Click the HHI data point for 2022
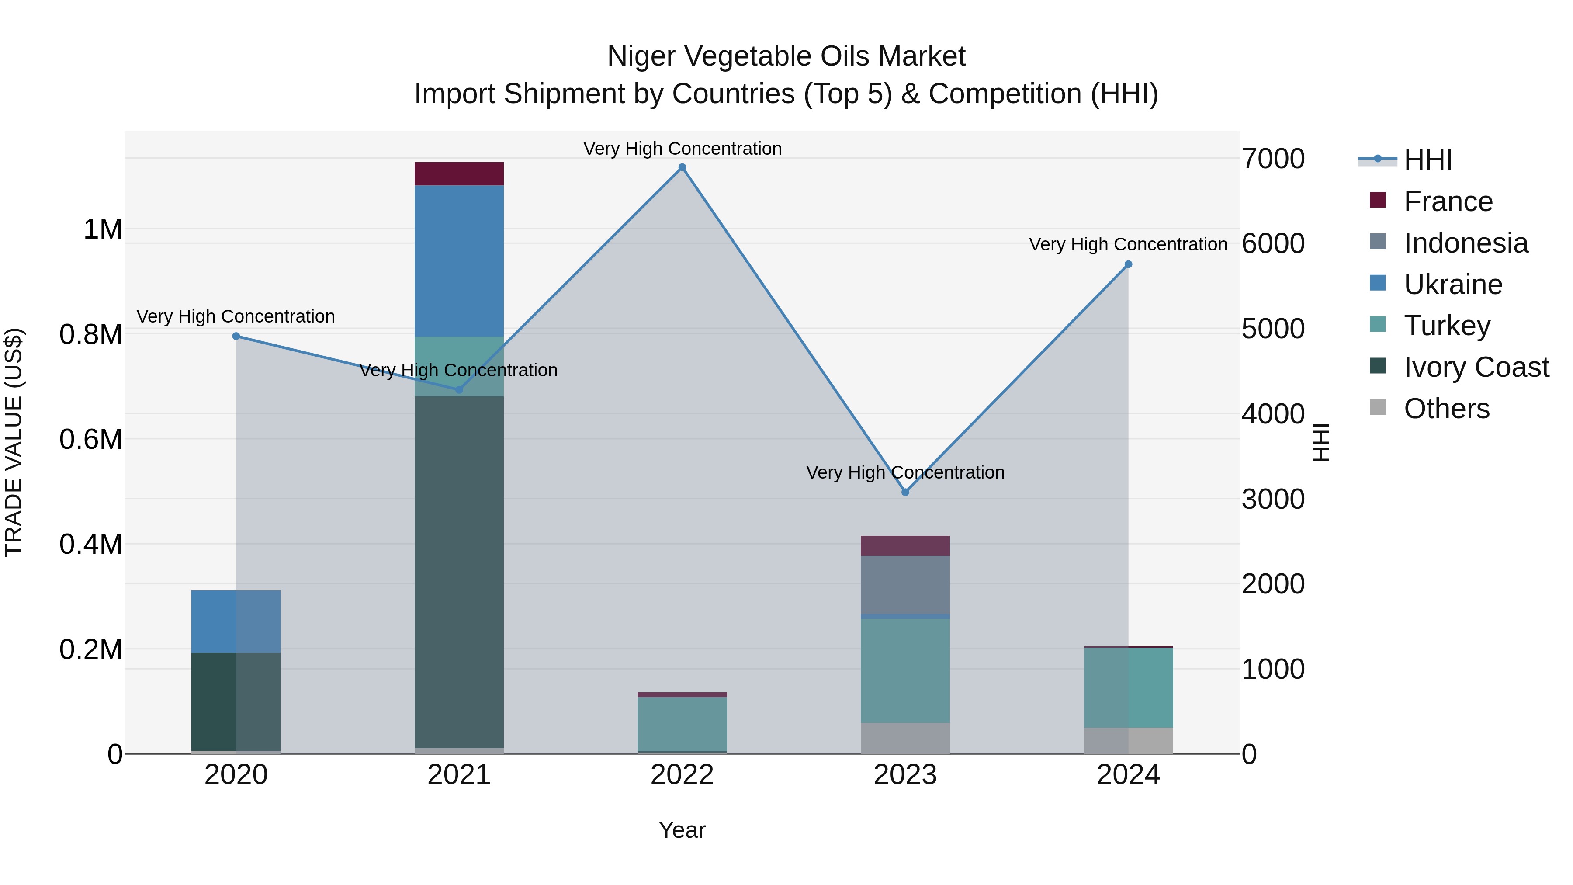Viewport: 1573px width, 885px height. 682,167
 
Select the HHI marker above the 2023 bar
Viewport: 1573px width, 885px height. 905,492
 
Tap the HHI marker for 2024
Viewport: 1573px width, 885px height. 1128,264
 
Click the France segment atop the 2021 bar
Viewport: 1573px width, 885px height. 459,174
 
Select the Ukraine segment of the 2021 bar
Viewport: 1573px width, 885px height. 459,261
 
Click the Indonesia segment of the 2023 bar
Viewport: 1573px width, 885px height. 905,584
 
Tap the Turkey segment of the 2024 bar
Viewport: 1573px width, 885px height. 1128,687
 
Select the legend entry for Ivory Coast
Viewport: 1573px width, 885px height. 1476,367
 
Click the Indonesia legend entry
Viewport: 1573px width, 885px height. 1466,243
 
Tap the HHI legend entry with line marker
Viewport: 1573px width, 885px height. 1427,160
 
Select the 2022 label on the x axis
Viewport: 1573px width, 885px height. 682,775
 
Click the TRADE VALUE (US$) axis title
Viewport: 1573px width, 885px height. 14,441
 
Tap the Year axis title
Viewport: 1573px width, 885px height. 682,830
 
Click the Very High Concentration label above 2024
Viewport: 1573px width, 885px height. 1127,244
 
